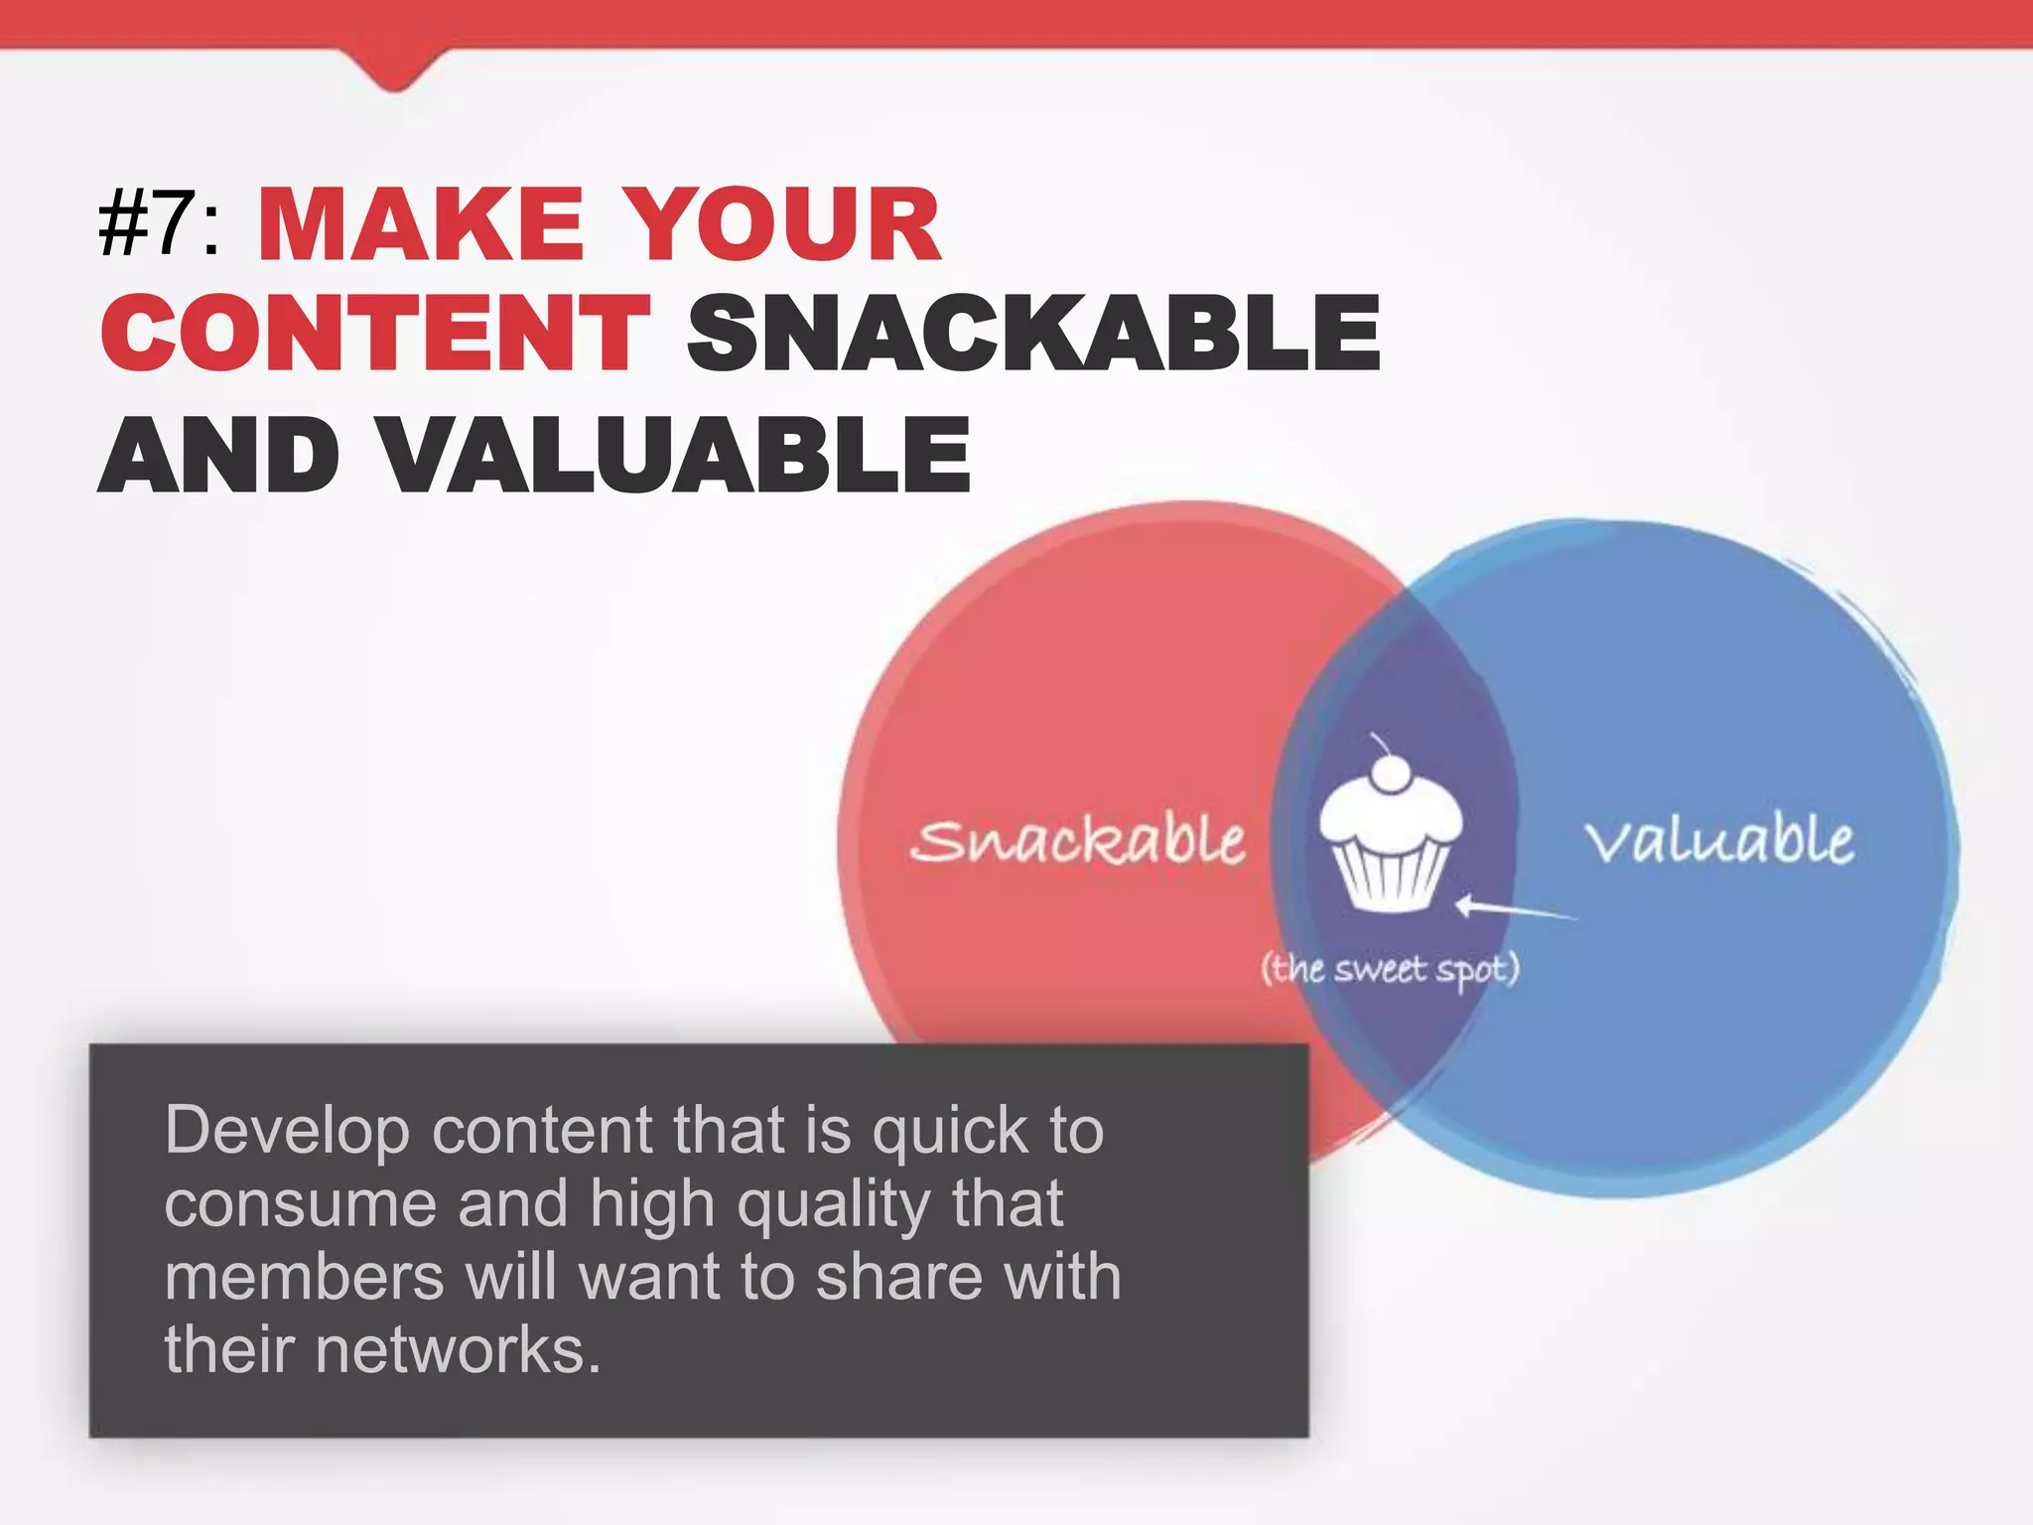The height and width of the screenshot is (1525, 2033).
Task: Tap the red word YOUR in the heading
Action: tap(784, 226)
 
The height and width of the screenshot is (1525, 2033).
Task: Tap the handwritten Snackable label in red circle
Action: tap(1077, 842)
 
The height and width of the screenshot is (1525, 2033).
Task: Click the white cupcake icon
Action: tap(1390, 844)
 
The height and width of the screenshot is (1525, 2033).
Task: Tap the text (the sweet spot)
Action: tap(1390, 968)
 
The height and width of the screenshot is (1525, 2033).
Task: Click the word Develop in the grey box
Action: tap(287, 1132)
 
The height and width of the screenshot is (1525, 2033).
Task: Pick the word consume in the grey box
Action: tap(300, 1203)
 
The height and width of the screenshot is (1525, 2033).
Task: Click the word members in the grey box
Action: tap(304, 1277)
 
